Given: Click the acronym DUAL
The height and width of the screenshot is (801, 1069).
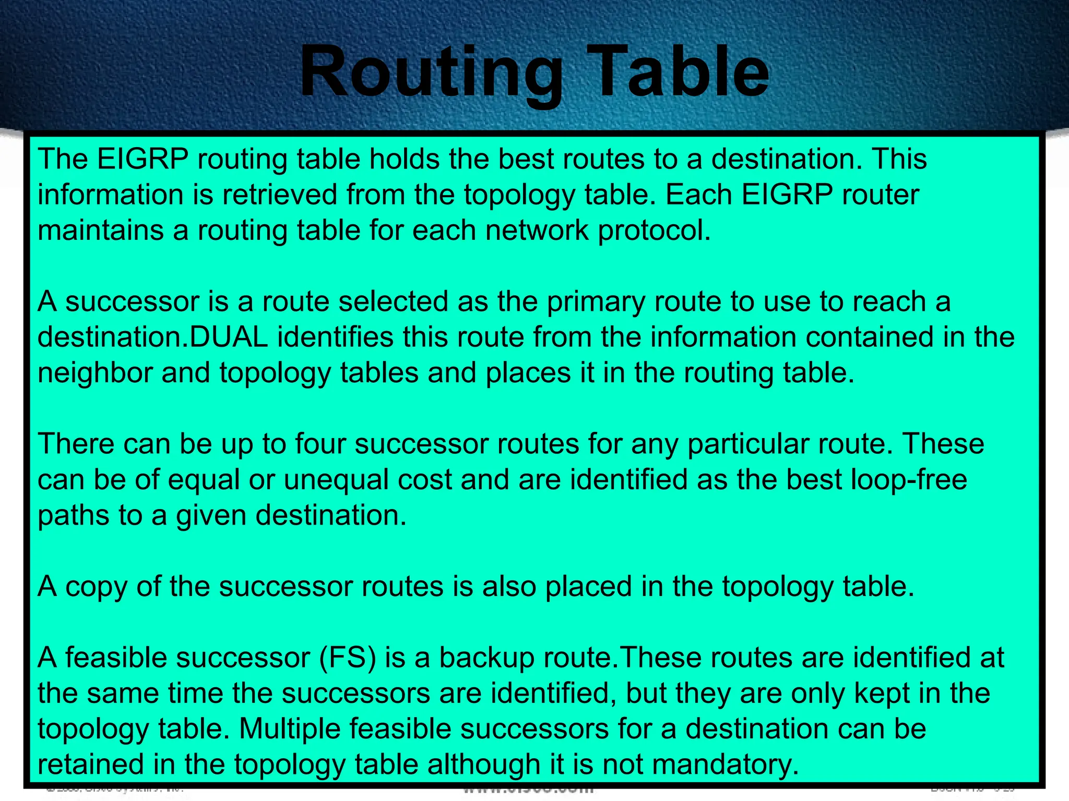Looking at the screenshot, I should pos(229,337).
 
